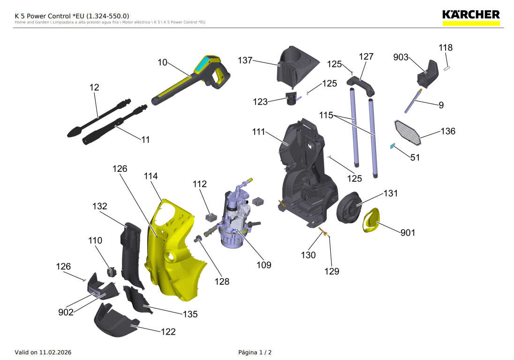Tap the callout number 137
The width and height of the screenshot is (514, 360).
click(245, 61)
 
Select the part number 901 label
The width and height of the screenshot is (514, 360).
click(408, 232)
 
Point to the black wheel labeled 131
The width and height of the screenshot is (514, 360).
click(350, 207)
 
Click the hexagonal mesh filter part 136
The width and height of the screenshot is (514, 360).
click(407, 131)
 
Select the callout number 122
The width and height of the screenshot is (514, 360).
click(168, 332)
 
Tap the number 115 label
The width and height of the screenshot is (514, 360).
click(326, 115)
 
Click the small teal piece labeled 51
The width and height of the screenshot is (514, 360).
click(393, 146)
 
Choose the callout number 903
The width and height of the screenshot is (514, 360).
click(401, 57)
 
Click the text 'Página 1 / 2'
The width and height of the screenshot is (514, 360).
click(255, 352)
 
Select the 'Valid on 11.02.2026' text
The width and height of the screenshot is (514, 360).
click(43, 352)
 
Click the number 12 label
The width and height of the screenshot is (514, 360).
click(94, 87)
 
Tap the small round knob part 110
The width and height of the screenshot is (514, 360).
click(111, 272)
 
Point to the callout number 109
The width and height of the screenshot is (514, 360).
click(264, 265)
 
